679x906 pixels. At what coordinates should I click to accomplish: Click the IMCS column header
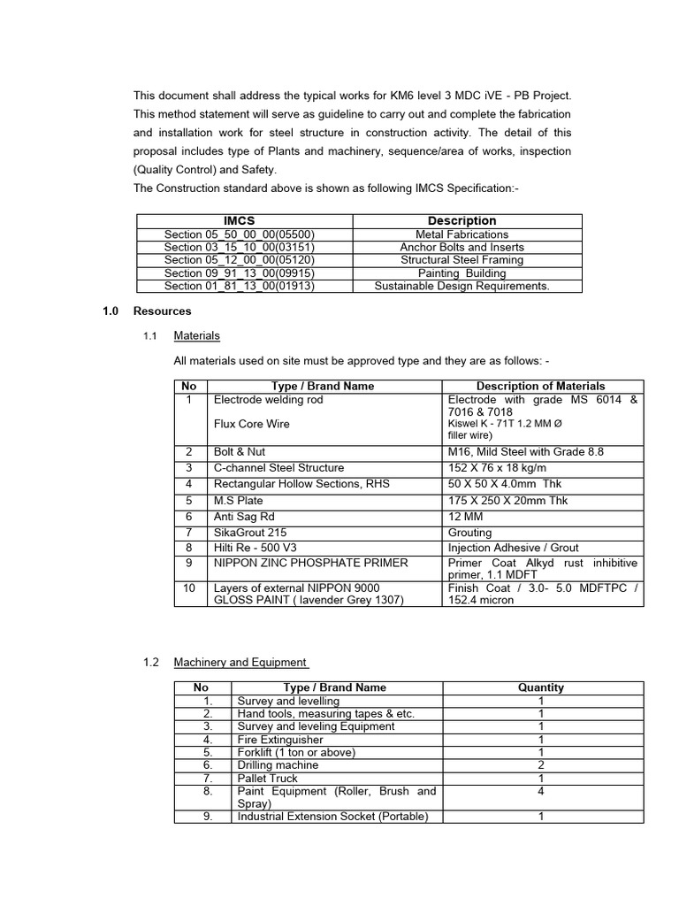click(240, 220)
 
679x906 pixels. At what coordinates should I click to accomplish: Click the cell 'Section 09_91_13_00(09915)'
click(240, 273)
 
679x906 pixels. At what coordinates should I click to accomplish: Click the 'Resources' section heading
click(162, 311)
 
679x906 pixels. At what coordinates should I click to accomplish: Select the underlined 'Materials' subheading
click(196, 336)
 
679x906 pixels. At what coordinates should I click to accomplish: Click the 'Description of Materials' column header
click(540, 386)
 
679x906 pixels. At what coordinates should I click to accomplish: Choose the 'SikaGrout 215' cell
click(249, 533)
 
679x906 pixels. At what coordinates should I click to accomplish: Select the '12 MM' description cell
click(463, 517)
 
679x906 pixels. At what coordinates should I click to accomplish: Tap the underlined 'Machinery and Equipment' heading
click(240, 662)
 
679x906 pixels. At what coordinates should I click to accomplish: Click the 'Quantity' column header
click(540, 687)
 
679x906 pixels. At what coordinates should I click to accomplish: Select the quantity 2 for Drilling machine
click(540, 764)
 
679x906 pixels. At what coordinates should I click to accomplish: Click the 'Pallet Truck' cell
click(268, 778)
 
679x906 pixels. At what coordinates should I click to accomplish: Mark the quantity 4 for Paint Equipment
click(540, 791)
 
